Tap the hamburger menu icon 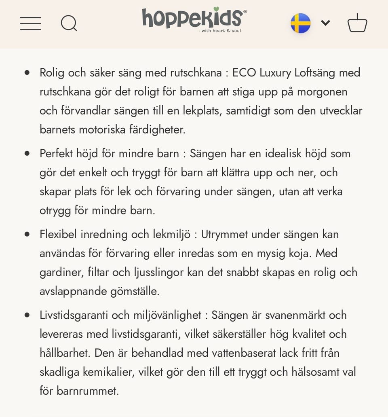[x=31, y=23]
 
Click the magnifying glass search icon [x=69, y=23]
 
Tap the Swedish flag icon [x=300, y=23]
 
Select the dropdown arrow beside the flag [x=325, y=23]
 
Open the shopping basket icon [x=357, y=23]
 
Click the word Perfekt [x=55, y=154]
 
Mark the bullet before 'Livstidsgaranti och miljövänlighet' [x=27, y=315]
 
